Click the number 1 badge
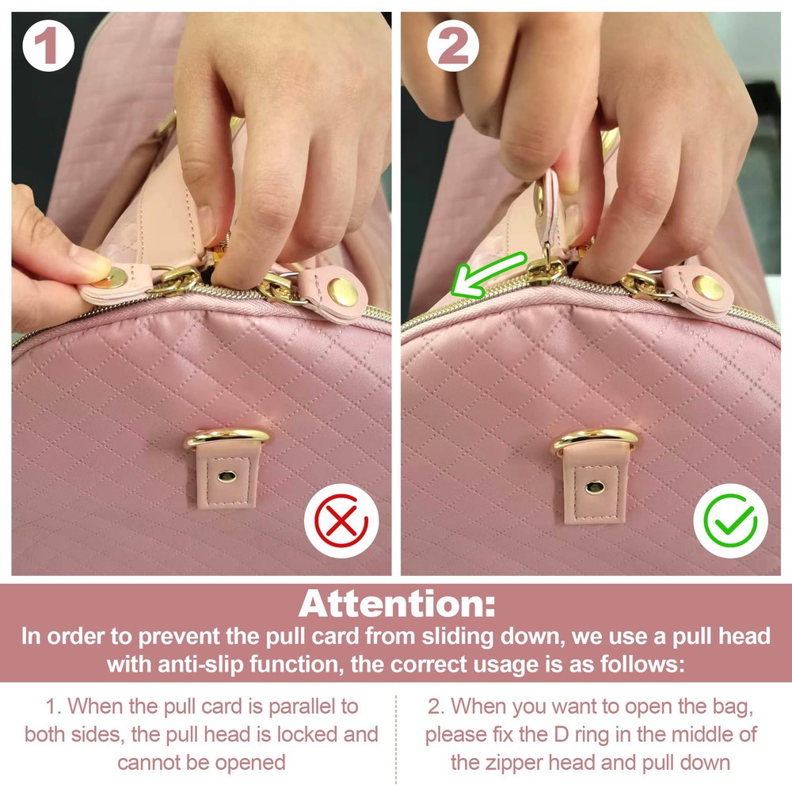click(48, 46)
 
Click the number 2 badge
click(452, 46)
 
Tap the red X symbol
click(341, 521)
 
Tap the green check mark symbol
click(730, 521)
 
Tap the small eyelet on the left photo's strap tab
click(227, 476)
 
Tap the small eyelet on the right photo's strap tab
click(595, 486)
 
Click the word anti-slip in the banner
click(201, 664)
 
